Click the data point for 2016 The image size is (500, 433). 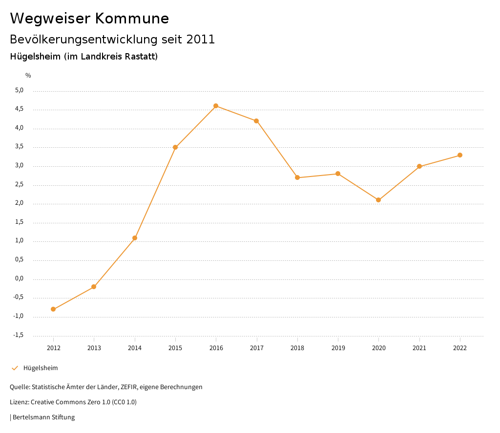[x=216, y=106]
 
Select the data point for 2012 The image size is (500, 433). [x=53, y=309]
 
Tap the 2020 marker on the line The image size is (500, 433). [x=378, y=200]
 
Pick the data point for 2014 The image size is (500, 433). [x=135, y=238]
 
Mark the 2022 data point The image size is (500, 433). [x=460, y=155]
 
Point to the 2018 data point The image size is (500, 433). [x=297, y=177]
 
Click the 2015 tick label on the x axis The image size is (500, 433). [x=175, y=348]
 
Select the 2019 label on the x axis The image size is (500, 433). [x=338, y=348]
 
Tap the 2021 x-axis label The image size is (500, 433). [x=419, y=348]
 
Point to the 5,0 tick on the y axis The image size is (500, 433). [x=19, y=90]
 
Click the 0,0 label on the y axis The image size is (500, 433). [x=19, y=279]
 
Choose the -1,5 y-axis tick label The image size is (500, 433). [x=18, y=335]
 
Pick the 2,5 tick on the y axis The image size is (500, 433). [x=19, y=185]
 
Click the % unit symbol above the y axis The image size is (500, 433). [x=28, y=76]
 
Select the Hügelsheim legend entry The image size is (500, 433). [x=41, y=368]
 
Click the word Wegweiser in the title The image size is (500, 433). [x=50, y=19]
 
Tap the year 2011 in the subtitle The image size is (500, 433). [x=200, y=39]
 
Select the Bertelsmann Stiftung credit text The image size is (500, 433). [x=43, y=417]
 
